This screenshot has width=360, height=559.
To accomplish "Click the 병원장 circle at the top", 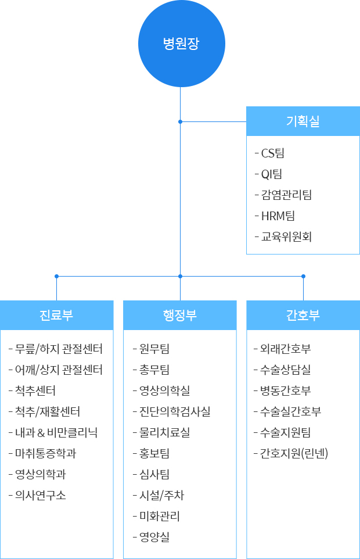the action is [182, 44].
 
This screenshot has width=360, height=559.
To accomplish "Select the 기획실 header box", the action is [303, 121].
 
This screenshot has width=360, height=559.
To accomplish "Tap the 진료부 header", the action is [57, 315].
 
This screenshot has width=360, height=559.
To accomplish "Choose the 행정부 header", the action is [180, 315].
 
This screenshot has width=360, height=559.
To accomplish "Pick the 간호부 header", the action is [303, 315].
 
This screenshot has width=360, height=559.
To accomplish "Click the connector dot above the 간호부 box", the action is [303, 276].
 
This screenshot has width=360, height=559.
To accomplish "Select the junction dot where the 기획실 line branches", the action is [180, 121].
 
